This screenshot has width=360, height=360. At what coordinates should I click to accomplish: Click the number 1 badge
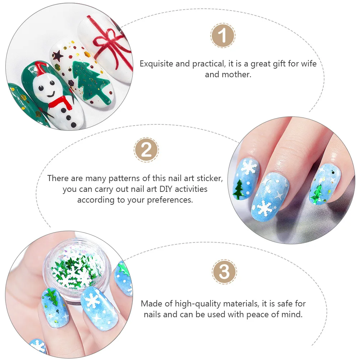(223, 36)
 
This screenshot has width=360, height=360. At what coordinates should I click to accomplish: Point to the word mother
(235, 75)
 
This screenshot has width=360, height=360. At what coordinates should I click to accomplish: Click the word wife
(308, 64)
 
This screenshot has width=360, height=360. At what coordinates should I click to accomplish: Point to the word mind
(292, 314)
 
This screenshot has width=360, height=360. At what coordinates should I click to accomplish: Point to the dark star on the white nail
(57, 55)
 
